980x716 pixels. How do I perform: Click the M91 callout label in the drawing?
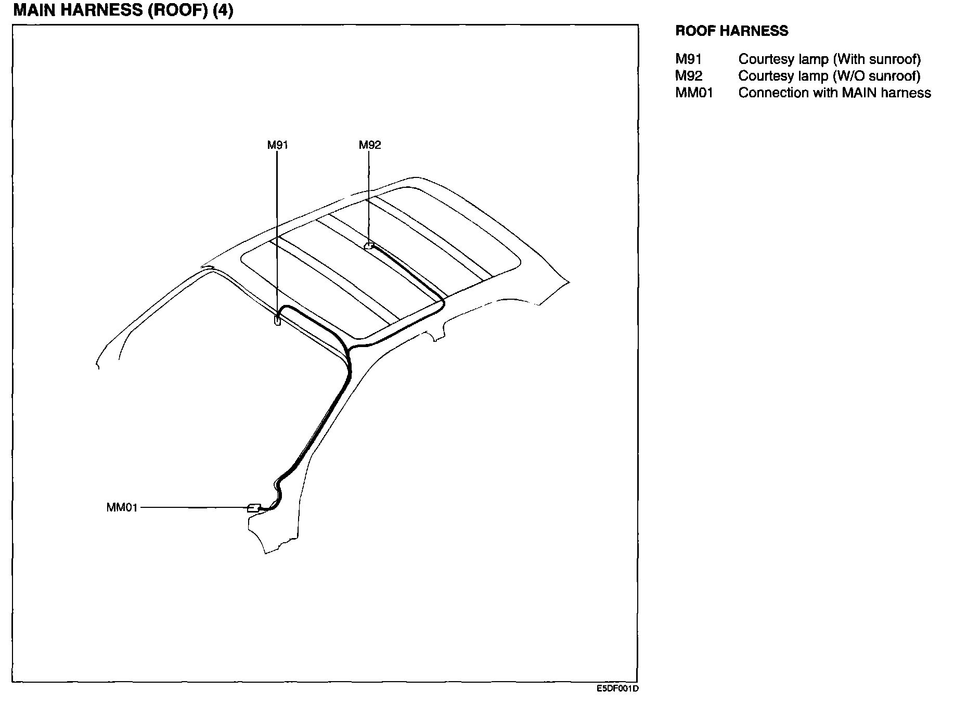(277, 145)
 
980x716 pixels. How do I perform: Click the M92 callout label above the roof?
(370, 145)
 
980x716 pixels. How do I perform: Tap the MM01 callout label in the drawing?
(122, 507)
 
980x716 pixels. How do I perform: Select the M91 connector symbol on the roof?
(277, 321)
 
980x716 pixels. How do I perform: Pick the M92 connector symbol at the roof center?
(369, 246)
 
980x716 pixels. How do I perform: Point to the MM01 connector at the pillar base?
(253, 508)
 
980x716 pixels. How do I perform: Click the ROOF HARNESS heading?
(731, 31)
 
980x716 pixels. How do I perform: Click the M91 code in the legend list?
(688, 59)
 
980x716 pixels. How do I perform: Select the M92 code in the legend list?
(689, 76)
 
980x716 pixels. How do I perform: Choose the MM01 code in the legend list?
(694, 93)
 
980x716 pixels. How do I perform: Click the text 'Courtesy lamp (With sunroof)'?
(829, 59)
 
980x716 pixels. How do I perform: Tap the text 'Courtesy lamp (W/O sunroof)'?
(829, 76)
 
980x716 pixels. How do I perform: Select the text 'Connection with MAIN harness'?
(834, 93)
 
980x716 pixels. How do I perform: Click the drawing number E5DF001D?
(617, 688)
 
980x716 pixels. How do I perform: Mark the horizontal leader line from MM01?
(192, 507)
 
